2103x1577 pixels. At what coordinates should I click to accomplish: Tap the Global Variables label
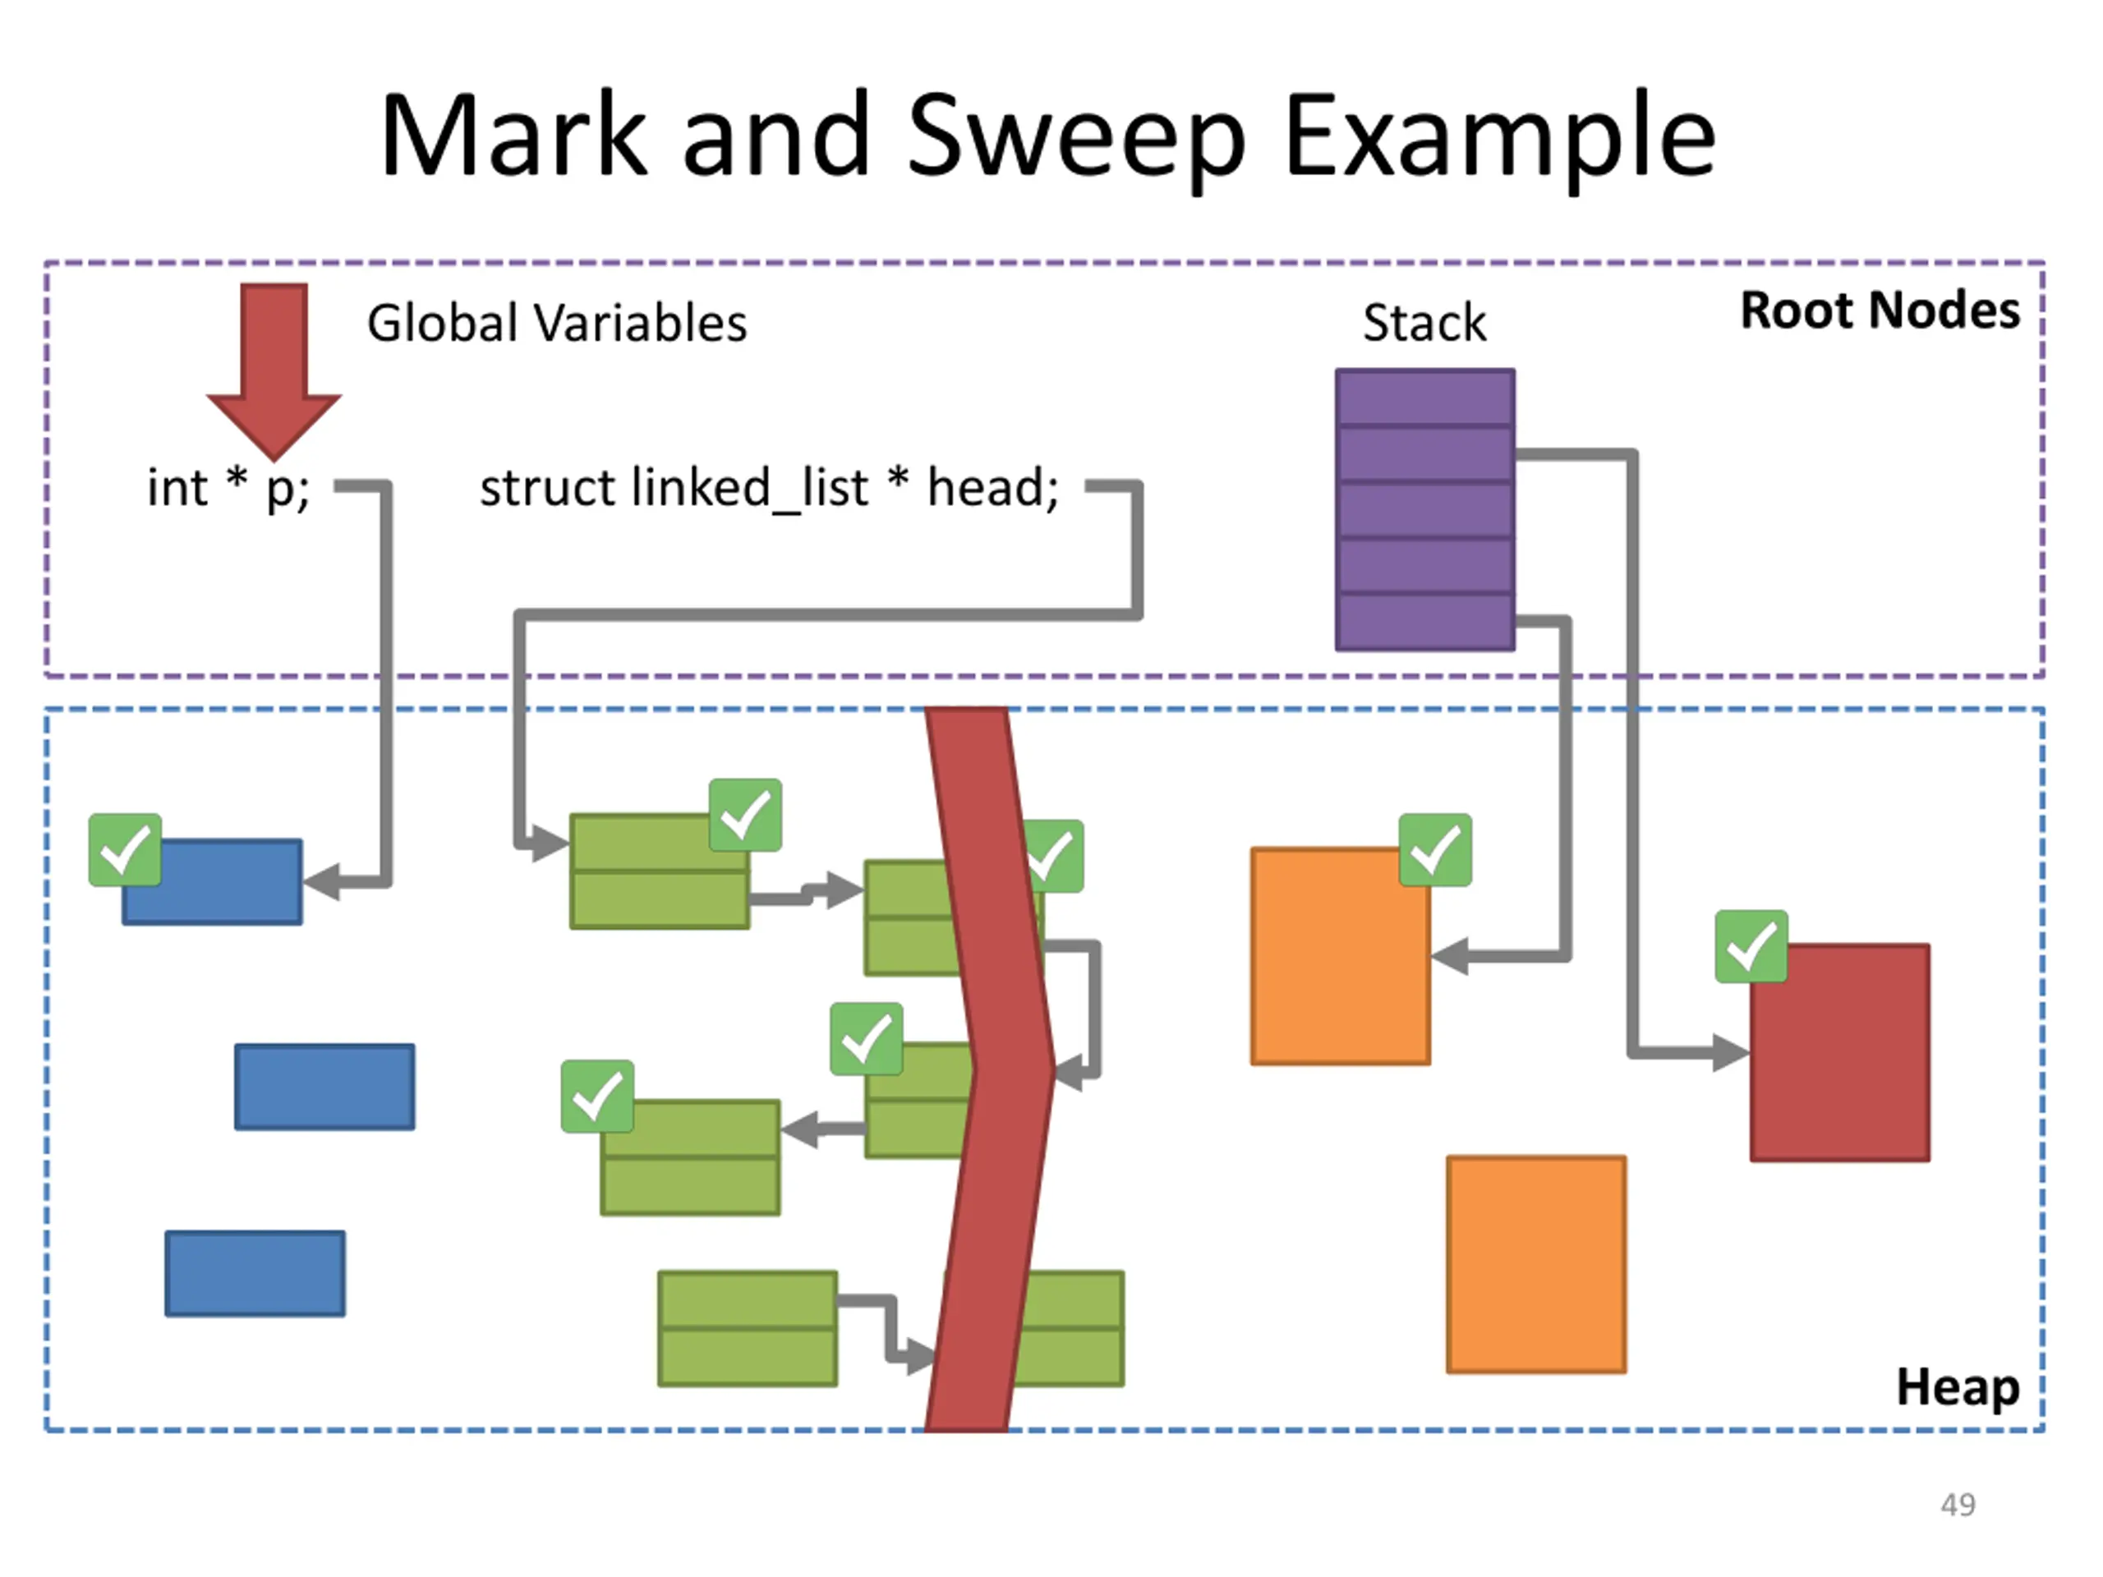coord(557,323)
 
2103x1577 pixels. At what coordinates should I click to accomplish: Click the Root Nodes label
coord(1880,310)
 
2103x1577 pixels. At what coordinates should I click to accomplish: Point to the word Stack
coord(1424,322)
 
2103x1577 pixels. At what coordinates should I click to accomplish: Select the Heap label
coord(1958,1388)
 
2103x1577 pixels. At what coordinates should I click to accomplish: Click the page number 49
coord(1958,1505)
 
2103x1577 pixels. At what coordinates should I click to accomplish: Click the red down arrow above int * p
coord(274,370)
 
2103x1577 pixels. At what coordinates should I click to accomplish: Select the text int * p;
coord(228,489)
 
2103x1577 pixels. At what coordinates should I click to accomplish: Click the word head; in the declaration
coord(992,489)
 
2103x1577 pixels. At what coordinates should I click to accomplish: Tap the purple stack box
coord(1425,509)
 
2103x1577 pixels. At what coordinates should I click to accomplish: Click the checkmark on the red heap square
coord(1751,947)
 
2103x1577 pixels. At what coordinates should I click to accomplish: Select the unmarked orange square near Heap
coord(1536,1264)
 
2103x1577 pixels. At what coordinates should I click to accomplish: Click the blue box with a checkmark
coord(213,882)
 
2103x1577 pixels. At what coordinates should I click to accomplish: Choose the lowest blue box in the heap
coord(255,1274)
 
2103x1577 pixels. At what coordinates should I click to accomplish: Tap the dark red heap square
coord(1839,1052)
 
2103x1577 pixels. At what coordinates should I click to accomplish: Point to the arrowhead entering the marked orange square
coord(1449,956)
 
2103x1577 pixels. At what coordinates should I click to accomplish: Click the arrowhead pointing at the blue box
coord(321,882)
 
